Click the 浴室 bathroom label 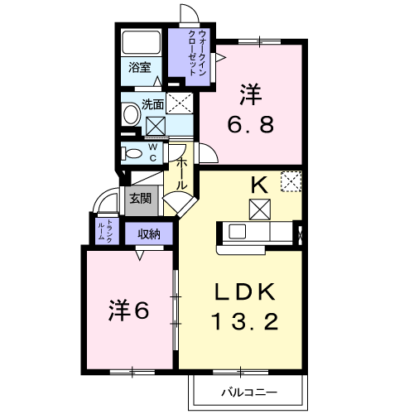[140, 67]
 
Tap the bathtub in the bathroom [142, 42]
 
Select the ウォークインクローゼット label [197, 52]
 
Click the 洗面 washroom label [152, 104]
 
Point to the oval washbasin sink [131, 114]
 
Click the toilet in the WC [132, 153]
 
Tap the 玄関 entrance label [141, 198]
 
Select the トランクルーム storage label [105, 231]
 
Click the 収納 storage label [149, 234]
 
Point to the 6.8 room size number [251, 124]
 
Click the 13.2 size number [245, 322]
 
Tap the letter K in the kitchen [259, 185]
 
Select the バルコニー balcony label [248, 392]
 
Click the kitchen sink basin [237, 231]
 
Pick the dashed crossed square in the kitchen [291, 181]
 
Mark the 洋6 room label [129, 311]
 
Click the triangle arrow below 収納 [140, 255]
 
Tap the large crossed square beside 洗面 [180, 103]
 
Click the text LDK [245, 292]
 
